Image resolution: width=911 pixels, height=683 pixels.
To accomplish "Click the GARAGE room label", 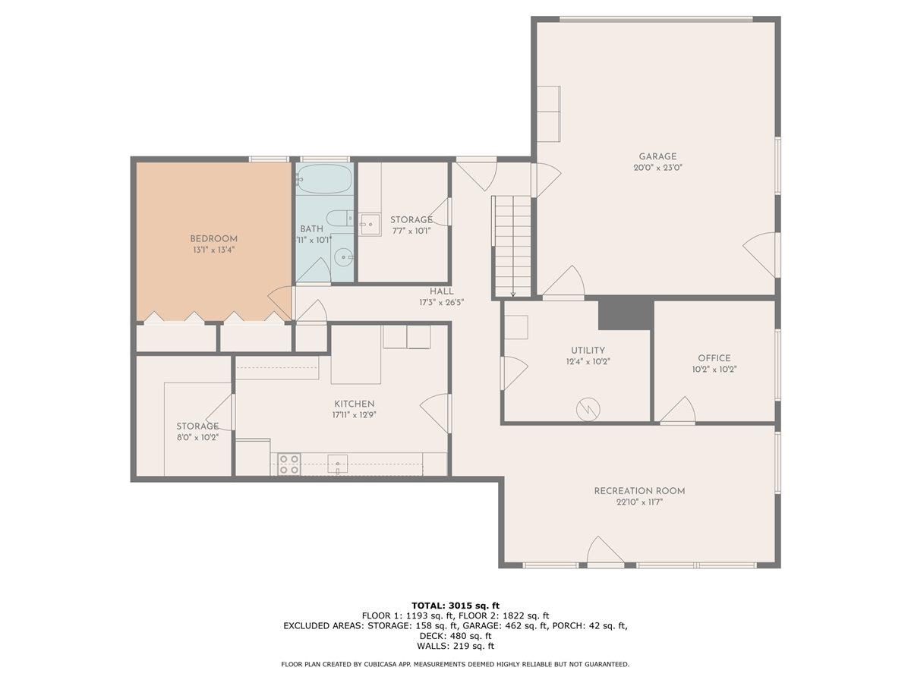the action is (657, 156).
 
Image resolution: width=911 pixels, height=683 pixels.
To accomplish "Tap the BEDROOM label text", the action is (214, 239).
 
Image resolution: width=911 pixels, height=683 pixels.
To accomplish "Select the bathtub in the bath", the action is (325, 179).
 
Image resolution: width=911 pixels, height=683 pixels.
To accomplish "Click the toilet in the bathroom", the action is (340, 218).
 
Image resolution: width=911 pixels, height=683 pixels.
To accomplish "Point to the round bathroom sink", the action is (344, 257).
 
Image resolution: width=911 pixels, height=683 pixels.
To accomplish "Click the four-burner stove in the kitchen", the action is (289, 464).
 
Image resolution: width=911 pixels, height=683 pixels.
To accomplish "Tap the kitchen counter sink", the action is (337, 464).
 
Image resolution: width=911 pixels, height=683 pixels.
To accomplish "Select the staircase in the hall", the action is (512, 246).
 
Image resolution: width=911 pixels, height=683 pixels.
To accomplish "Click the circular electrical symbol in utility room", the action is (588, 409).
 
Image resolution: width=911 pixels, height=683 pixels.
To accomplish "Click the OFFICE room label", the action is (714, 358).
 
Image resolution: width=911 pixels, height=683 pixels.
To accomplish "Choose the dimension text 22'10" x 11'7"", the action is (639, 502).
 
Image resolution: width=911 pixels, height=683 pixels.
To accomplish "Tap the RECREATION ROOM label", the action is (639, 491).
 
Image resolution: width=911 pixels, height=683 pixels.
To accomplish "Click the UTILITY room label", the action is (588, 350).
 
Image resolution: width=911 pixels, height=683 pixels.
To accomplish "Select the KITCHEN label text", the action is (355, 404).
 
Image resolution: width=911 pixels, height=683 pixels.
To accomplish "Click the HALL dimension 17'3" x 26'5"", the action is (441, 303).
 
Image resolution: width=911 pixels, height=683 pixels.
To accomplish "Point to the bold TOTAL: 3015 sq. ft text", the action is (455, 606).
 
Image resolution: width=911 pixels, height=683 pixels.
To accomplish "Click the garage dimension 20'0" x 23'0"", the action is (658, 168).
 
